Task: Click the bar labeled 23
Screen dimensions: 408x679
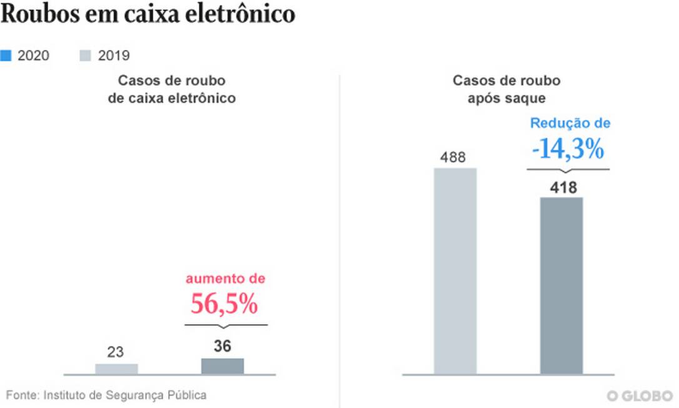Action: (116, 369)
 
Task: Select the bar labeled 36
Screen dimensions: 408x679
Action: (223, 366)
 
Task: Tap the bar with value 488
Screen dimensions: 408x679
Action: (455, 271)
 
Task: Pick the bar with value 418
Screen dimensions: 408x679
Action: (561, 285)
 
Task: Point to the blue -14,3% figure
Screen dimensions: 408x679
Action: (568, 150)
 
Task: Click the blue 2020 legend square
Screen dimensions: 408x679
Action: (6, 55)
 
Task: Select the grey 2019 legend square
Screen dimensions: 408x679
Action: (86, 55)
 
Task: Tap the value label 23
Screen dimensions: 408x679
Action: (116, 352)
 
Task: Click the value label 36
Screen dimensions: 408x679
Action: (223, 346)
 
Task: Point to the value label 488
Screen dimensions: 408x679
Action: (453, 156)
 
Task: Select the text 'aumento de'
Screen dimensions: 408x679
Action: (224, 278)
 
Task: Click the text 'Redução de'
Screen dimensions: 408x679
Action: (570, 123)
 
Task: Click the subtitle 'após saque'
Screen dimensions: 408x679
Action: (506, 98)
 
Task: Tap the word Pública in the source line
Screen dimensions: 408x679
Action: (186, 395)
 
